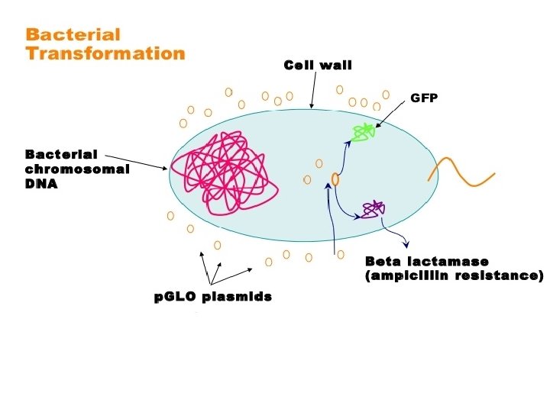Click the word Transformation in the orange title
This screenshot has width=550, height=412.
click(x=105, y=53)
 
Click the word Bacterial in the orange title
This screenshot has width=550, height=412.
click(x=73, y=34)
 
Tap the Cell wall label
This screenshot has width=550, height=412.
click(x=318, y=65)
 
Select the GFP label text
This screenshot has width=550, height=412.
click(x=424, y=98)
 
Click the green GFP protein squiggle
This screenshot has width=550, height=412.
click(x=364, y=133)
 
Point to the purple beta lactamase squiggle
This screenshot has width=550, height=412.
click(x=374, y=210)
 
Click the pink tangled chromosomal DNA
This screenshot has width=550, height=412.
click(x=225, y=173)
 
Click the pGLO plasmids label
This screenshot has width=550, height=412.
click(x=213, y=297)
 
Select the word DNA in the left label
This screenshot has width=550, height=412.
click(x=41, y=184)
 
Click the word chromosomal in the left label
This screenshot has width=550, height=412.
click(x=77, y=169)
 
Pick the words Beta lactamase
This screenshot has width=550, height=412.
click(x=426, y=262)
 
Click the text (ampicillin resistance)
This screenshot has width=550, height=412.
click(x=454, y=275)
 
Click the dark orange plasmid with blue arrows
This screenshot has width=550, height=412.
click(x=335, y=179)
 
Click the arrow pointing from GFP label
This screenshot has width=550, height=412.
click(x=392, y=114)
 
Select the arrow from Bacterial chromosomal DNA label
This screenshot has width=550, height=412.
click(x=136, y=163)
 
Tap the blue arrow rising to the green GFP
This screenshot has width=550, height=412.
click(x=344, y=158)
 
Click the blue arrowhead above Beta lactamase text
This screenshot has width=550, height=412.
click(x=406, y=245)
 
